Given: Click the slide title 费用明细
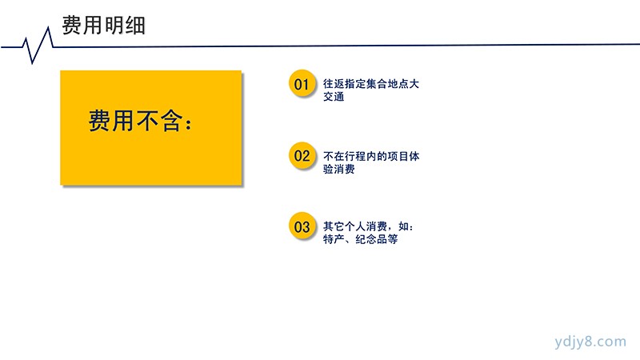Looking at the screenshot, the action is pyautogui.click(x=104, y=26).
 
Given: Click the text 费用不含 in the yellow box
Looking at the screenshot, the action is pyautogui.click(x=135, y=121).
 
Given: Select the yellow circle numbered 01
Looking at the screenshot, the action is pyautogui.click(x=302, y=84).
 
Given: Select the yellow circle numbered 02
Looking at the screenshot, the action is pyautogui.click(x=302, y=155).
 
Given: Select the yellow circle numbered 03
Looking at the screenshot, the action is pyautogui.click(x=302, y=226).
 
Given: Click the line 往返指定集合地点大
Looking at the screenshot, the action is pyautogui.click(x=371, y=84).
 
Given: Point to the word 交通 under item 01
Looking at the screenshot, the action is pyautogui.click(x=334, y=97).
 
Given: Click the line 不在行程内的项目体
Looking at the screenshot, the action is pyautogui.click(x=371, y=156).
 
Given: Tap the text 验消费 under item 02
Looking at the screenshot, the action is pyautogui.click(x=338, y=169).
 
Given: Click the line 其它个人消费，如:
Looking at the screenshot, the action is pyautogui.click(x=368, y=226).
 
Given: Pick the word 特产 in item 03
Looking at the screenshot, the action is pyautogui.click(x=334, y=238).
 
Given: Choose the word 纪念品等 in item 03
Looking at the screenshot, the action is pyautogui.click(x=376, y=238).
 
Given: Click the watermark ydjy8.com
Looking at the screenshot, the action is pyautogui.click(x=590, y=342).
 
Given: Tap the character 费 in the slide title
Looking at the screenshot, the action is pyautogui.click(x=72, y=26).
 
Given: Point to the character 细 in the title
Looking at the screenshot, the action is pyautogui.click(x=135, y=26).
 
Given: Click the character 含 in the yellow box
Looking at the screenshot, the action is pyautogui.click(x=170, y=121).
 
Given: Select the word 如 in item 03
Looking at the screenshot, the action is pyautogui.click(x=403, y=226).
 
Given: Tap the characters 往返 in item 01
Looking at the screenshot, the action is pyautogui.click(x=334, y=84).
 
